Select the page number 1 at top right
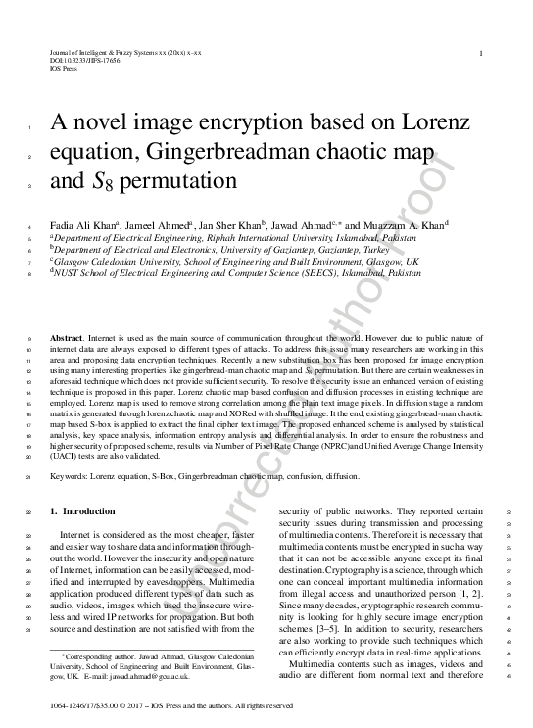(x=479, y=53)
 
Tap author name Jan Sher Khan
(x=231, y=224)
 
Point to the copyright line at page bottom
(x=170, y=705)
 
